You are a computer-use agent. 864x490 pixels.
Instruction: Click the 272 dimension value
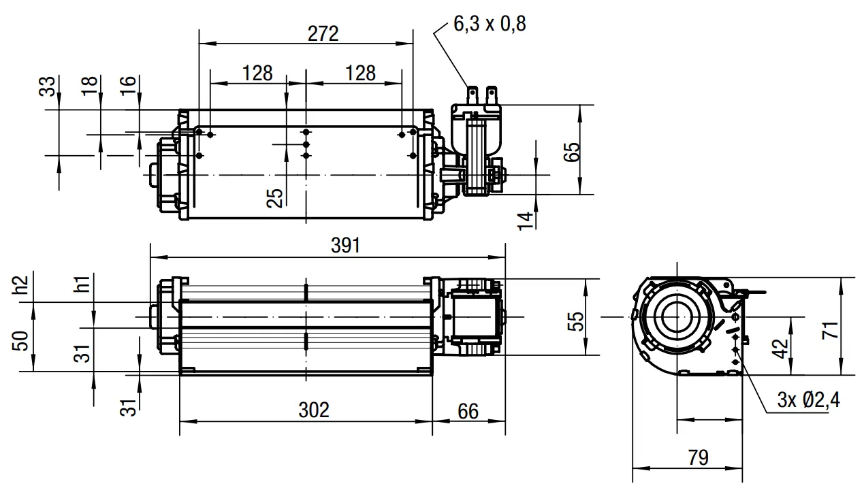tap(323, 33)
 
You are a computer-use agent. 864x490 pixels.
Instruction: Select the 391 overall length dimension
tap(346, 246)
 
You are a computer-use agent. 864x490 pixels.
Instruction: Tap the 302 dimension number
tap(314, 410)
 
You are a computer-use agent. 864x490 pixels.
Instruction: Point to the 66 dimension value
tap(468, 411)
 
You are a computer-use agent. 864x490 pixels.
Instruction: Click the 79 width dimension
tap(698, 457)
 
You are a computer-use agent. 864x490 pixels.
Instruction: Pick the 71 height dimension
tap(830, 330)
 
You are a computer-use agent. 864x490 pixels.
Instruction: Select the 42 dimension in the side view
tap(781, 349)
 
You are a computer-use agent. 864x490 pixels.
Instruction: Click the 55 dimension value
tap(575, 321)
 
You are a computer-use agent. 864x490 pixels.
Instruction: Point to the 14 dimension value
tap(525, 221)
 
